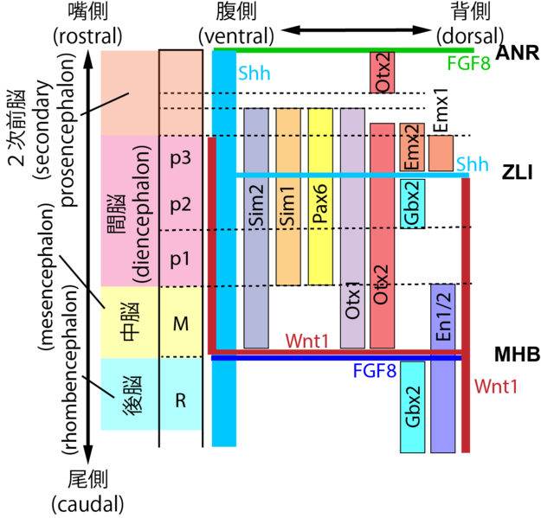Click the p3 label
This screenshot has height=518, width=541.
(180, 159)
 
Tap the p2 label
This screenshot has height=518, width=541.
(180, 205)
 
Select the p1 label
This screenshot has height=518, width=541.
(180, 258)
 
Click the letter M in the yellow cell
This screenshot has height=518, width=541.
(180, 324)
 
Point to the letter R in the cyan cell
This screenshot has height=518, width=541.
(180, 400)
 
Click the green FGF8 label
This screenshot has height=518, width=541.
(468, 64)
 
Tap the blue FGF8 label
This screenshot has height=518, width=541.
(374, 372)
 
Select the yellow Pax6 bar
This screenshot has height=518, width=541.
(320, 196)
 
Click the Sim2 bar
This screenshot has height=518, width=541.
(256, 228)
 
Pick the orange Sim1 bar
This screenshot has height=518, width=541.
(288, 196)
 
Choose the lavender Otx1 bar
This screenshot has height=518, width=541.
(352, 228)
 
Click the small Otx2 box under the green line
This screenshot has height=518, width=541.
(382, 73)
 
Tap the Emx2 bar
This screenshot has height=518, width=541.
(412, 147)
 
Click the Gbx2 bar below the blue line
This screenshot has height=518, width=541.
(412, 406)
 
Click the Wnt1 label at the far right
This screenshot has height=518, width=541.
(495, 387)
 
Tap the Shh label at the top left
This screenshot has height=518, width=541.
(254, 74)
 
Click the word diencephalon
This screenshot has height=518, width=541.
(143, 214)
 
